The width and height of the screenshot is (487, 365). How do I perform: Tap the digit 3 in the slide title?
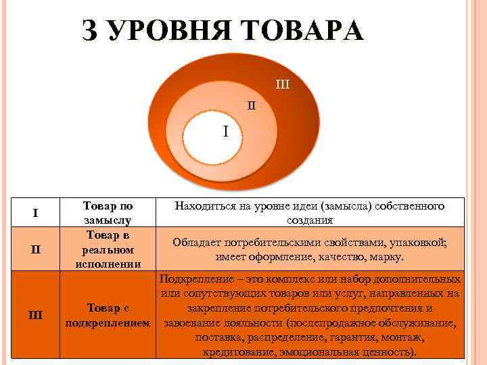(x=89, y=31)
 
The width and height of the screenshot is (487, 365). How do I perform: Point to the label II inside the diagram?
(x=251, y=105)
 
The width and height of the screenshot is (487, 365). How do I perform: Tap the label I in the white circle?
(x=226, y=130)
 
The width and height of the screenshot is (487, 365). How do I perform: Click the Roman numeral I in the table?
(x=34, y=214)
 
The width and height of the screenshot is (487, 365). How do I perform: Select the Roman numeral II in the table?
(x=35, y=249)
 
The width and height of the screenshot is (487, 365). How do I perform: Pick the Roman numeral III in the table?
(x=34, y=314)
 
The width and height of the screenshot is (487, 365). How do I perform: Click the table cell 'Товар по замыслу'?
(x=108, y=213)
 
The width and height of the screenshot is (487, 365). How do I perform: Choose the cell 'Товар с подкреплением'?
(x=108, y=315)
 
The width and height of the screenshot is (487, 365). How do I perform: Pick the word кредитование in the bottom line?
(x=240, y=352)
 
